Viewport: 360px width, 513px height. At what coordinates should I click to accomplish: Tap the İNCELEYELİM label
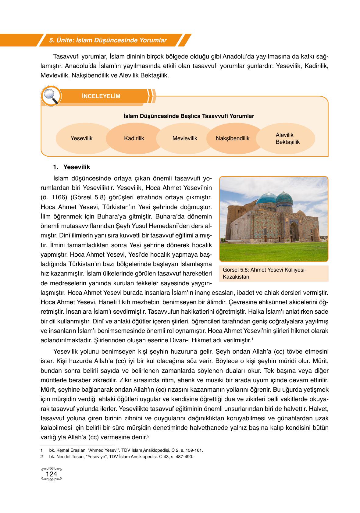coord(101,96)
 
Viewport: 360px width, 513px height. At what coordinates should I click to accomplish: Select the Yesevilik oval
coord(81,138)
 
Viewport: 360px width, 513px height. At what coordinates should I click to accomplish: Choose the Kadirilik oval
coord(134,138)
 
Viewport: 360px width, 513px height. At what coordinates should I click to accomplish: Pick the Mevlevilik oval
coord(185,138)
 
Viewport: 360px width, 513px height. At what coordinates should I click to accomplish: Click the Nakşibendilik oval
coord(233,138)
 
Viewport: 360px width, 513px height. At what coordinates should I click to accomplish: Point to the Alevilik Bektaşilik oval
coord(287,138)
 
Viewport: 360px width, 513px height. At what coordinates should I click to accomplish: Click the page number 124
coord(51,474)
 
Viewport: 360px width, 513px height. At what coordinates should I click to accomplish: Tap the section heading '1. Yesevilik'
coord(72,167)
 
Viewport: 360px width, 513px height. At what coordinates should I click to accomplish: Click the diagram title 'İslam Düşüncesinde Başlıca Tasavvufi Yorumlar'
coord(189,116)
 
